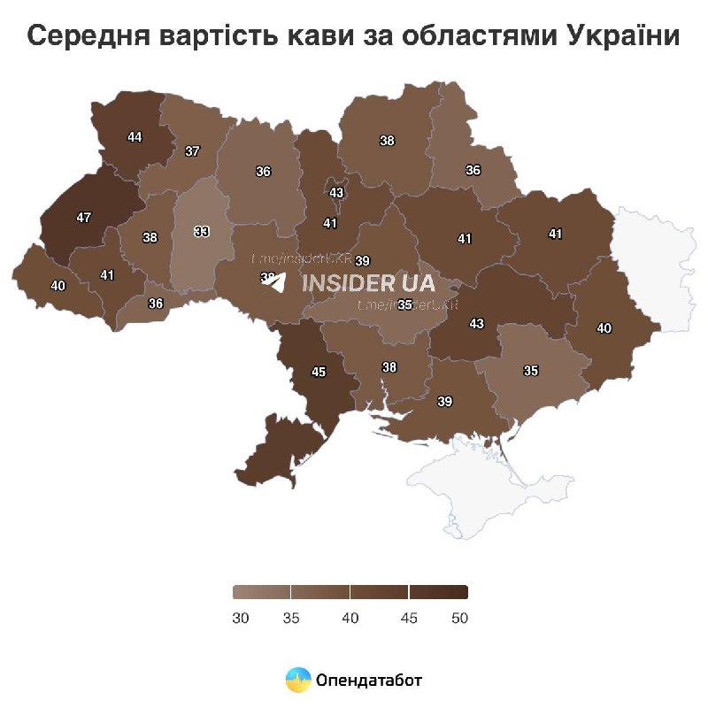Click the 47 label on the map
[x=83, y=217]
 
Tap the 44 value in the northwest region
[x=135, y=137]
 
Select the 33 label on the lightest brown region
[x=202, y=232]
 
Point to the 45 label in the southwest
[x=319, y=372]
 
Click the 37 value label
[x=192, y=151]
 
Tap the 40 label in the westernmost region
[x=58, y=286]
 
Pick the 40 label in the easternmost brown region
[x=604, y=328]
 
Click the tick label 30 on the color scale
[x=240, y=619]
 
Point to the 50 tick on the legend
[x=458, y=619]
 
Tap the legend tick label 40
[x=350, y=619]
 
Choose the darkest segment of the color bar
[x=438, y=592]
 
